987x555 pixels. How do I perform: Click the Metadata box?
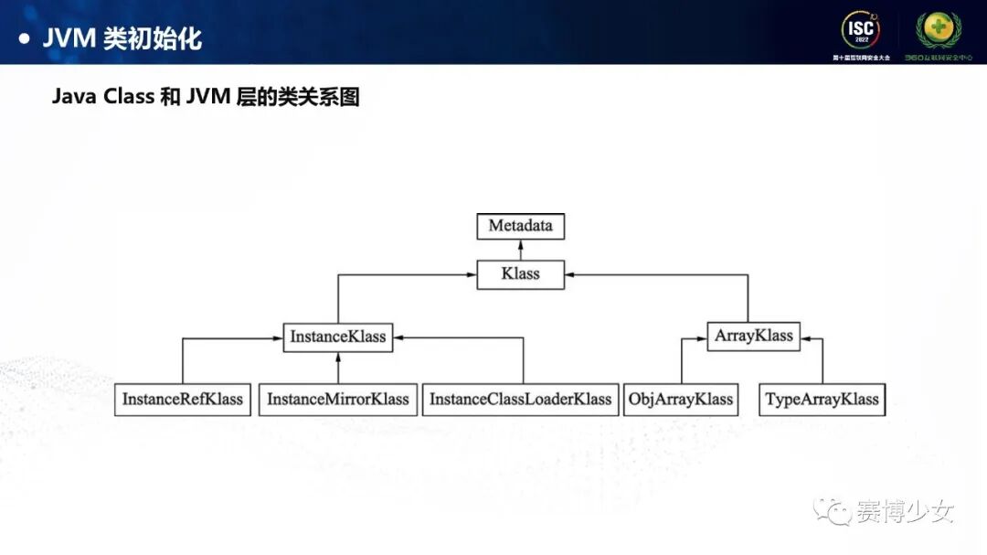pyautogui.click(x=520, y=226)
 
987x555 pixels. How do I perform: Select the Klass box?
pyautogui.click(x=520, y=273)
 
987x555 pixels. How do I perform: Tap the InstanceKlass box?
pyautogui.click(x=338, y=336)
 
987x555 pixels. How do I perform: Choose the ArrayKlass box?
pyautogui.click(x=753, y=336)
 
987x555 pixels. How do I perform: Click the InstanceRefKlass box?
pyautogui.click(x=183, y=400)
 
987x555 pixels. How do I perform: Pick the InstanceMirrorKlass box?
pyautogui.click(x=338, y=400)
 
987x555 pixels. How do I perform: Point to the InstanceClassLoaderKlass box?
pyautogui.click(x=520, y=400)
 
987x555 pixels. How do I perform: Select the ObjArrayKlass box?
pyautogui.click(x=681, y=400)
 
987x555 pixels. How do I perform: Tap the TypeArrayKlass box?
pyautogui.click(x=822, y=400)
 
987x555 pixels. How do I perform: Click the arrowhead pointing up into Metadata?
pyautogui.click(x=520, y=245)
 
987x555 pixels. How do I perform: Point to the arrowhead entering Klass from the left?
pyautogui.click(x=472, y=273)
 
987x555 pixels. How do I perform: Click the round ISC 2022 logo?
pyautogui.click(x=860, y=30)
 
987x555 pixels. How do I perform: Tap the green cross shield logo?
pyautogui.click(x=939, y=30)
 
